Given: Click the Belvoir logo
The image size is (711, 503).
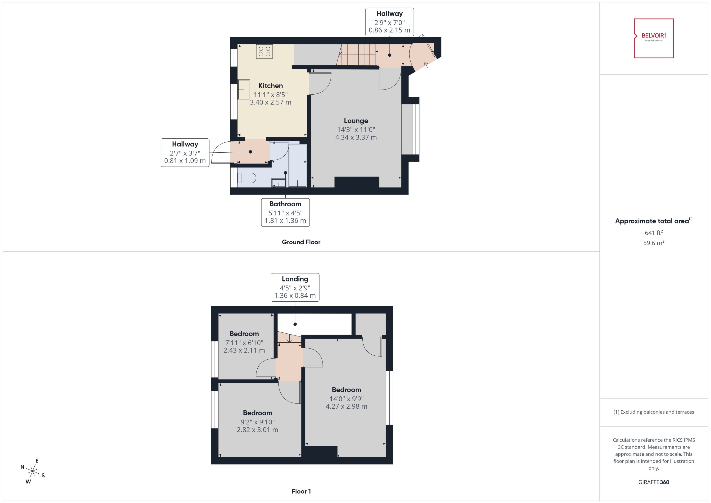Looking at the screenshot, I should coord(653,38).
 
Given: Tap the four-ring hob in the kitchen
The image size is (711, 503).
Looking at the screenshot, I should coord(264,51).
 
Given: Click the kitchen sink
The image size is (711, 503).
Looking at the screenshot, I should coord(244,90).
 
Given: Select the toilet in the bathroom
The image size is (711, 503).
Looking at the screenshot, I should coord(246,178).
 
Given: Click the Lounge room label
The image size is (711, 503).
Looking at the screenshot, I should coord(356,121).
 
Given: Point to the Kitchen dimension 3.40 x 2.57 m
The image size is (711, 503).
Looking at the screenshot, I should coord(270,102).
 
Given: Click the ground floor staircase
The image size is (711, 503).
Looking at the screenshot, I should coord(356,55).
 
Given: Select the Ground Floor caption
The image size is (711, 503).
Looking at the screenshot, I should coord(301,242).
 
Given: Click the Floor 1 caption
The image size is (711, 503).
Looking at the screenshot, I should coord(301,491).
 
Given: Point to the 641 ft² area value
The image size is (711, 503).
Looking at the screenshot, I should coord(653,233).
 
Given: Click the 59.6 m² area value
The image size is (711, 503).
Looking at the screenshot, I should coord(653,243).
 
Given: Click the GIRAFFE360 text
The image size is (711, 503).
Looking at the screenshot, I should coord(653,482).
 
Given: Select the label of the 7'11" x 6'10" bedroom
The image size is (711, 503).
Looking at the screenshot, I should coord(244,334).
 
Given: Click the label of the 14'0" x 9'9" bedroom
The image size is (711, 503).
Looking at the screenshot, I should coord(346,390).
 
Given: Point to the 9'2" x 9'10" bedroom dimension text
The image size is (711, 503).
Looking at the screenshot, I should coord(257,422).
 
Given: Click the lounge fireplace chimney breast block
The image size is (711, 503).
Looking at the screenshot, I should coord(357,182).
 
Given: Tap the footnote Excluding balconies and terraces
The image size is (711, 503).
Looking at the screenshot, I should coord(653,412).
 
